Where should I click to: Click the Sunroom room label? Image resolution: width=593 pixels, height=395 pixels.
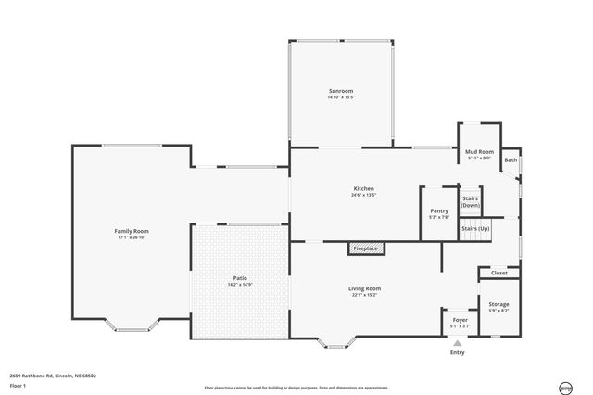(x=340, y=91)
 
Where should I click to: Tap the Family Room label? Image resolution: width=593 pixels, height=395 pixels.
(x=132, y=231)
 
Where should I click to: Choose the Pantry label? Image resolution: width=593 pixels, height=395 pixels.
(x=439, y=210)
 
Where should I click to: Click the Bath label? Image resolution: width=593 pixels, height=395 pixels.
(x=511, y=160)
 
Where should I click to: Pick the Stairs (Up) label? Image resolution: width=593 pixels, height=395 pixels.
(x=475, y=228)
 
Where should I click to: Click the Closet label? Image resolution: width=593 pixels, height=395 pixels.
(x=499, y=273)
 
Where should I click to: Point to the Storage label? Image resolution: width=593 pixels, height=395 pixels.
(x=498, y=304)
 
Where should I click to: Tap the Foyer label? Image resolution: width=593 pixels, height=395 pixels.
(x=460, y=320)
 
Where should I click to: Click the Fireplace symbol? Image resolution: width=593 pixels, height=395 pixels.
(x=366, y=248)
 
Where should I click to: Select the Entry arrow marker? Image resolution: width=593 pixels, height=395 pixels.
(x=457, y=343)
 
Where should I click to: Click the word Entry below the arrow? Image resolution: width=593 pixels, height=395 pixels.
(x=457, y=352)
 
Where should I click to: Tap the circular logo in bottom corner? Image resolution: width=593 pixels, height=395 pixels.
(x=565, y=388)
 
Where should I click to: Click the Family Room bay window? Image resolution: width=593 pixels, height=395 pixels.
(x=132, y=326)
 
